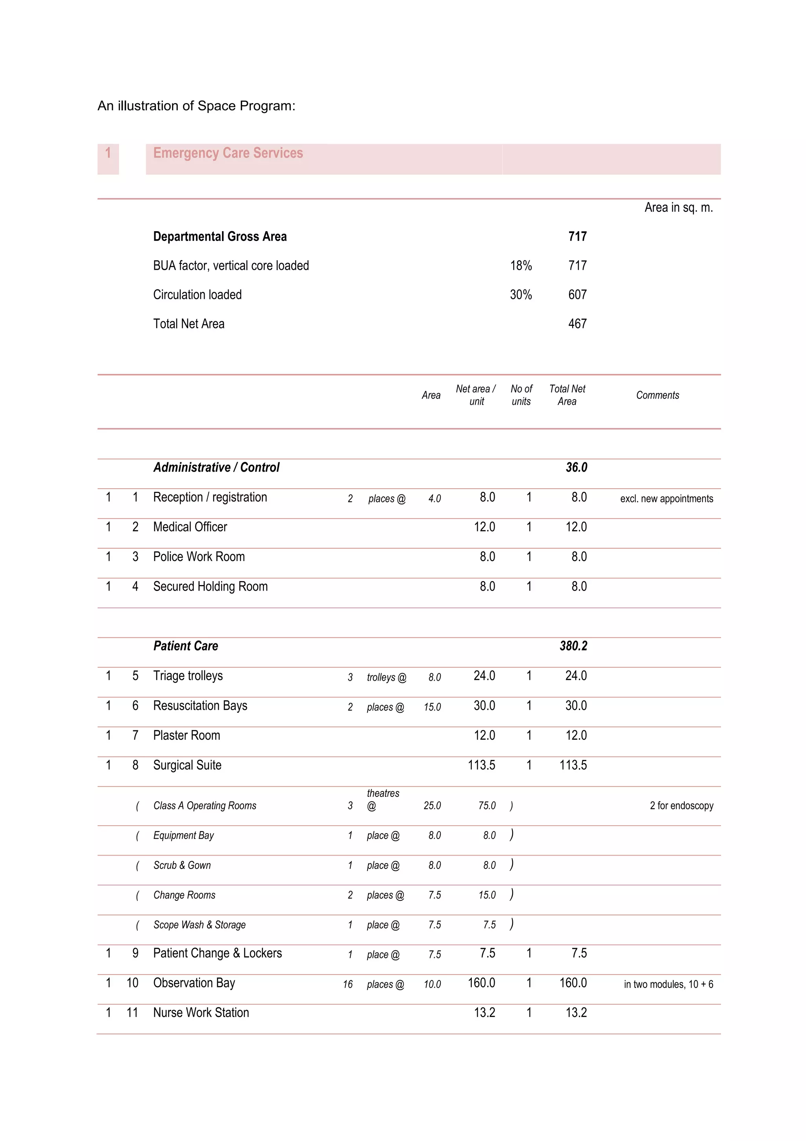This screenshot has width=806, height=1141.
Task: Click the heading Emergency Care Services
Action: click(228, 153)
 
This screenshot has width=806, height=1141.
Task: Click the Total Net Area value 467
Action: click(577, 324)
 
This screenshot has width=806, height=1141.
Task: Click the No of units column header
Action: click(521, 395)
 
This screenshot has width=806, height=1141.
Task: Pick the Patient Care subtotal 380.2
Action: click(573, 646)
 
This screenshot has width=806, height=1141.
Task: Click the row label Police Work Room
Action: click(199, 557)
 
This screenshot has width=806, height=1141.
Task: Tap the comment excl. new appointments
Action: click(666, 498)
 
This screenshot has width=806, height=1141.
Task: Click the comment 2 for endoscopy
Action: click(681, 806)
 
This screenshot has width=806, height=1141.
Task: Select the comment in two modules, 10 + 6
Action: click(668, 984)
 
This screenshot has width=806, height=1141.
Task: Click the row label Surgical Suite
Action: click(187, 765)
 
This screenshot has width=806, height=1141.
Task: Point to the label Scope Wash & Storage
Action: click(199, 924)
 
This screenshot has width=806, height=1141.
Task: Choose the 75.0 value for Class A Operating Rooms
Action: click(487, 806)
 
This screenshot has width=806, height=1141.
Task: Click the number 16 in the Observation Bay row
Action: click(348, 984)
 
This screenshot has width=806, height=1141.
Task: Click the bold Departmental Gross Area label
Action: click(220, 237)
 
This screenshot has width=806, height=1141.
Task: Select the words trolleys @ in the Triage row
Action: click(386, 677)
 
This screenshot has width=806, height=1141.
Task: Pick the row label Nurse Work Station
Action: click(201, 1012)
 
